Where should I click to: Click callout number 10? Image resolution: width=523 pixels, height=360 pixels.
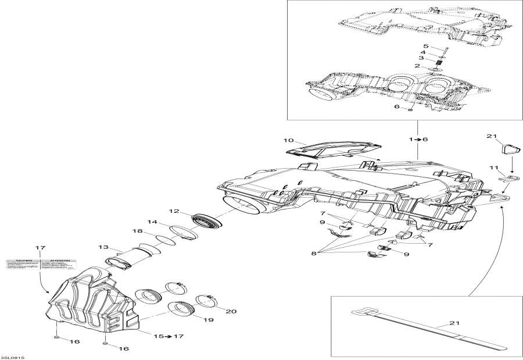(289, 141)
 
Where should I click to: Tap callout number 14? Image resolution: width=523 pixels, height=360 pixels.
(152, 222)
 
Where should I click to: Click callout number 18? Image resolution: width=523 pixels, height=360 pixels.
(138, 231)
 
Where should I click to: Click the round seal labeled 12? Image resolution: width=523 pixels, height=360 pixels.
(207, 222)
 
